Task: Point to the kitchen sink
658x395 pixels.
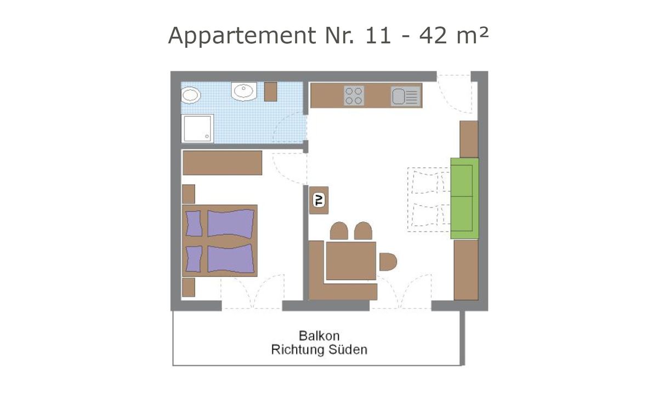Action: (405, 97)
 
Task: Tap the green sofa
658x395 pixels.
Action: (464, 198)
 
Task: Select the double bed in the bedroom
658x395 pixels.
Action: (220, 240)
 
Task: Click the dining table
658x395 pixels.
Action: (351, 261)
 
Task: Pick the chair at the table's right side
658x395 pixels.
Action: (387, 262)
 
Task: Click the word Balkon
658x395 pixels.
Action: (319, 335)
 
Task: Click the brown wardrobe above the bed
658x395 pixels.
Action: (222, 162)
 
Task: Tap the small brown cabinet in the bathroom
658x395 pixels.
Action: (270, 92)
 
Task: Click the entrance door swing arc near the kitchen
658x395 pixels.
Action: (453, 93)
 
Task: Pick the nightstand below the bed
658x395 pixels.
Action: (189, 287)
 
